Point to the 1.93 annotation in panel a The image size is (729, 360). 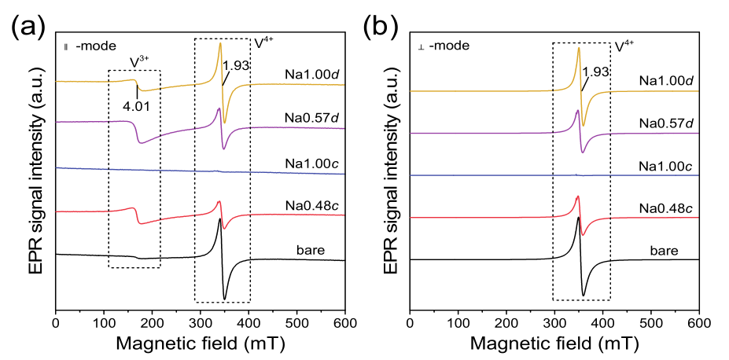point(236,65)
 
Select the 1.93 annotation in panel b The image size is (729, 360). point(596,72)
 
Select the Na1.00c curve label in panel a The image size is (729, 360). point(313,157)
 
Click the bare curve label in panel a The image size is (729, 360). point(314,251)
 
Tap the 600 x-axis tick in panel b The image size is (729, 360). point(698,322)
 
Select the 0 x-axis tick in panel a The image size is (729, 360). point(56,322)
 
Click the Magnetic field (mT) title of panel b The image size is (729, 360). point(555,343)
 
